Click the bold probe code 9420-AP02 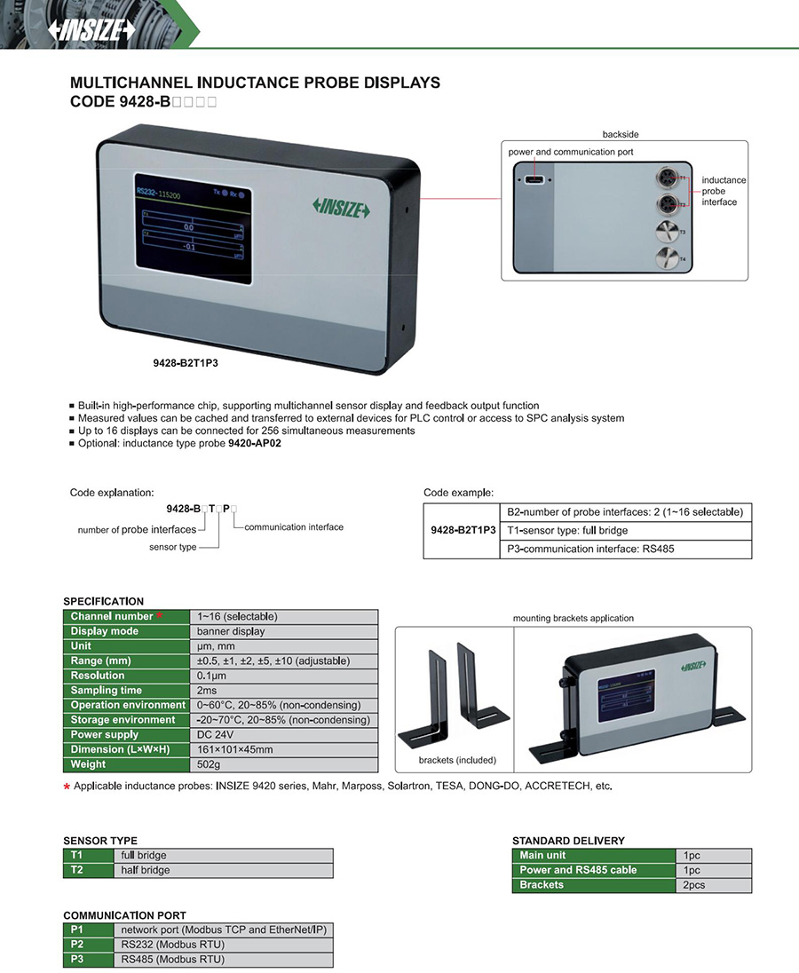(255, 444)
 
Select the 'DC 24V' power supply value (217, 735)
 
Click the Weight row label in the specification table (89, 764)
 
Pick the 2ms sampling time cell (209, 691)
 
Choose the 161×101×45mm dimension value (234, 750)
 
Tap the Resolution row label (98, 676)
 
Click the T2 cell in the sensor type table (77, 871)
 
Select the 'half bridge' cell (144, 871)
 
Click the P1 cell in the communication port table (76, 929)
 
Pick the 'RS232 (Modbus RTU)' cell (173, 945)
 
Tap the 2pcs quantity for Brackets (694, 885)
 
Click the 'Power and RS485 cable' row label (578, 870)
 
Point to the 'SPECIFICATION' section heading (103, 601)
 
